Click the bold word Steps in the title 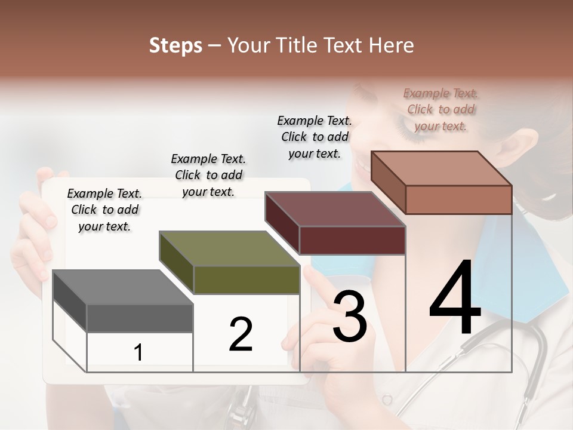[x=175, y=45]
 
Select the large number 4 [x=455, y=298]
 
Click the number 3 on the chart [x=350, y=316]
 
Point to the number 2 [x=241, y=334]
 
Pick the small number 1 [x=138, y=352]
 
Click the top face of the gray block [x=122, y=287]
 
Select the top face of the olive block [x=229, y=248]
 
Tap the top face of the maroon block [x=335, y=209]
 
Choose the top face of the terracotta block [x=441, y=168]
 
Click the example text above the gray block [x=104, y=210]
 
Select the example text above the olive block [x=208, y=175]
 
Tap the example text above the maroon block [x=315, y=137]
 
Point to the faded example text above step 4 [x=440, y=109]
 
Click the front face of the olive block [x=247, y=279]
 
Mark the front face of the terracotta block [x=458, y=199]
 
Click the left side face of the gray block [x=70, y=300]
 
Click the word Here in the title [x=393, y=45]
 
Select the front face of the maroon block [x=352, y=240]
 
